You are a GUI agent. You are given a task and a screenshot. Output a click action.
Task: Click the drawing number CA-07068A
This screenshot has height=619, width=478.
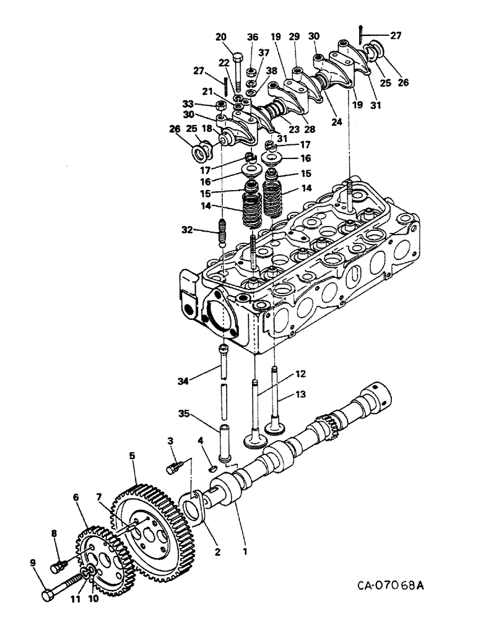(393, 584)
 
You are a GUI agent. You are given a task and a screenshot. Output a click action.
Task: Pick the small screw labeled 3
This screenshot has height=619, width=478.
(174, 466)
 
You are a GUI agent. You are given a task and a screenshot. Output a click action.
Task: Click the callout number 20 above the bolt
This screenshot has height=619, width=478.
(221, 37)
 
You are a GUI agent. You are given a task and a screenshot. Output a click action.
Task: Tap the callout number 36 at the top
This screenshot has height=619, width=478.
(251, 37)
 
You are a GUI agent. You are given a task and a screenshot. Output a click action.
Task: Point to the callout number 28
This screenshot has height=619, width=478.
(308, 129)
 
